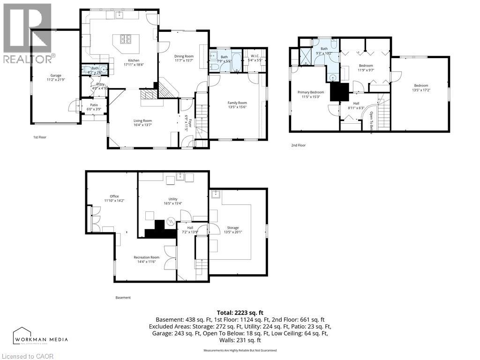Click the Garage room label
tap(56, 75)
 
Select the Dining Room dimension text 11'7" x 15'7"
tap(184, 60)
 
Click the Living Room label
tap(142, 120)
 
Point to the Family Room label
tap(237, 103)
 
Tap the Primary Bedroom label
tap(311, 92)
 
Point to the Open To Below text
tap(371, 123)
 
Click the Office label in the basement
tap(114, 196)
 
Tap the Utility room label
tap(173, 199)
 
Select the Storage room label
tap(233, 228)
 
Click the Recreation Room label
tap(146, 257)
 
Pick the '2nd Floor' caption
tap(298, 145)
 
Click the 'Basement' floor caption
tap(123, 298)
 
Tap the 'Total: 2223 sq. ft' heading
tap(240, 312)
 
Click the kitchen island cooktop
tap(127, 39)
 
